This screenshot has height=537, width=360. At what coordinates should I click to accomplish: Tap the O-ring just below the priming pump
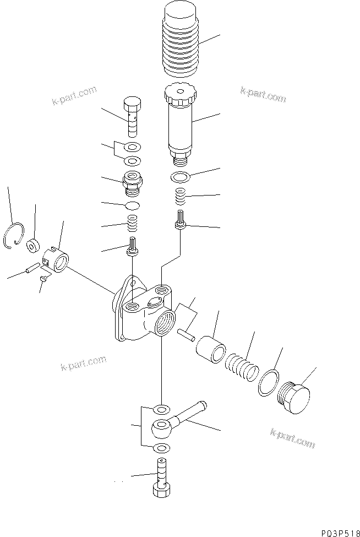179,178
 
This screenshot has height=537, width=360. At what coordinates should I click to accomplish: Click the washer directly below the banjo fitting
161,447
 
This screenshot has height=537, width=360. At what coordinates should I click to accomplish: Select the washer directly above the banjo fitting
161,409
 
